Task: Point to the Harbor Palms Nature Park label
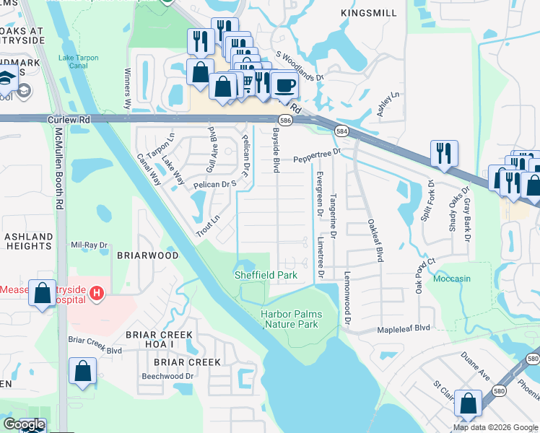300,320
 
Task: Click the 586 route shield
286,121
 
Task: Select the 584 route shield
341,131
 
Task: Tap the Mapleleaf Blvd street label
404,328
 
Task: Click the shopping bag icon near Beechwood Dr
83,372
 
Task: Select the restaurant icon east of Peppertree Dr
443,153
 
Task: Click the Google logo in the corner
24,424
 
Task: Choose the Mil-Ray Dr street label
88,245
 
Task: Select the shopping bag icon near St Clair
469,404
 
